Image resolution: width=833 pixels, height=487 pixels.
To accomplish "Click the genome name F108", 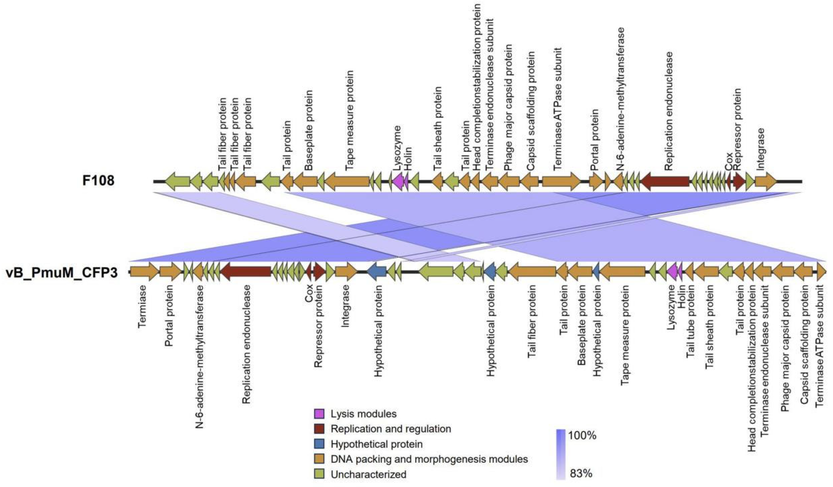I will pyautogui.click(x=98, y=181).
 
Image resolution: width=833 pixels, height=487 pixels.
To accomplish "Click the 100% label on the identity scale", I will pyautogui.click(x=582, y=435).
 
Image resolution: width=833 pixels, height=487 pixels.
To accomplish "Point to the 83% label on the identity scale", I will pyautogui.click(x=581, y=473).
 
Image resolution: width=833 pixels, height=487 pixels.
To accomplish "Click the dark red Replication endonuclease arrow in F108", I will pyautogui.click(x=665, y=181).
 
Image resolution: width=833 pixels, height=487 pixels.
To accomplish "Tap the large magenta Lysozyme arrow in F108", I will pyautogui.click(x=398, y=181).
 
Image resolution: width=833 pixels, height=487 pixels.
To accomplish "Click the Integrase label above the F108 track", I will pyautogui.click(x=760, y=149).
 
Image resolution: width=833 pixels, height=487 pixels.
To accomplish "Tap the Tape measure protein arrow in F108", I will pyautogui.click(x=347, y=181).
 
